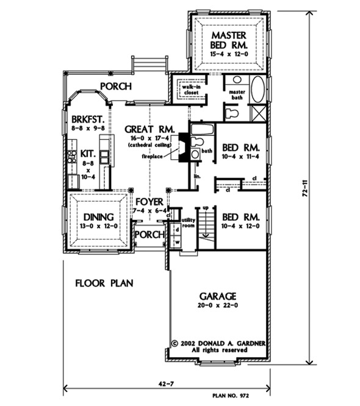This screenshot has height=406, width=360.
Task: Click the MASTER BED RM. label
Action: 229,40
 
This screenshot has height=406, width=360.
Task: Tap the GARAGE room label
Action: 218,296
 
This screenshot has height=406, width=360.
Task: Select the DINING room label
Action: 98,217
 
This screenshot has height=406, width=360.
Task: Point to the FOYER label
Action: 149,202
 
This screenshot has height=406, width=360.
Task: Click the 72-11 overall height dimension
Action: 305,188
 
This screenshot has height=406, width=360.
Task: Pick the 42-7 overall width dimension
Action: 166,383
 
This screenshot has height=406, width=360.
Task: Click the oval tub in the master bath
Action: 258,89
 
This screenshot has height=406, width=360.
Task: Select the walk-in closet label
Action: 191,90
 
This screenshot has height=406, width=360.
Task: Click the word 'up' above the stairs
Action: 206,208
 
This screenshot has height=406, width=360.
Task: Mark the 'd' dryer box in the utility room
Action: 178,230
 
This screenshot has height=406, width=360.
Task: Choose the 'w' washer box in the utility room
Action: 178,243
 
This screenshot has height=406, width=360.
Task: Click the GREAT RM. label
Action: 149,129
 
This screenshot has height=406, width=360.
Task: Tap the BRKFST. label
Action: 88,119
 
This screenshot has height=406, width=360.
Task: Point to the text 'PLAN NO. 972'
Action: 231,396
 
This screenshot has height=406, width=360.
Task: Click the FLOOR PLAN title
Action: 104,283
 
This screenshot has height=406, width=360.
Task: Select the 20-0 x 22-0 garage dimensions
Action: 218,305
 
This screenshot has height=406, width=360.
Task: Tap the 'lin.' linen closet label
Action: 197,177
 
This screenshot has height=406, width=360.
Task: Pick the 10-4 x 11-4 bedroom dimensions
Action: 240,157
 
